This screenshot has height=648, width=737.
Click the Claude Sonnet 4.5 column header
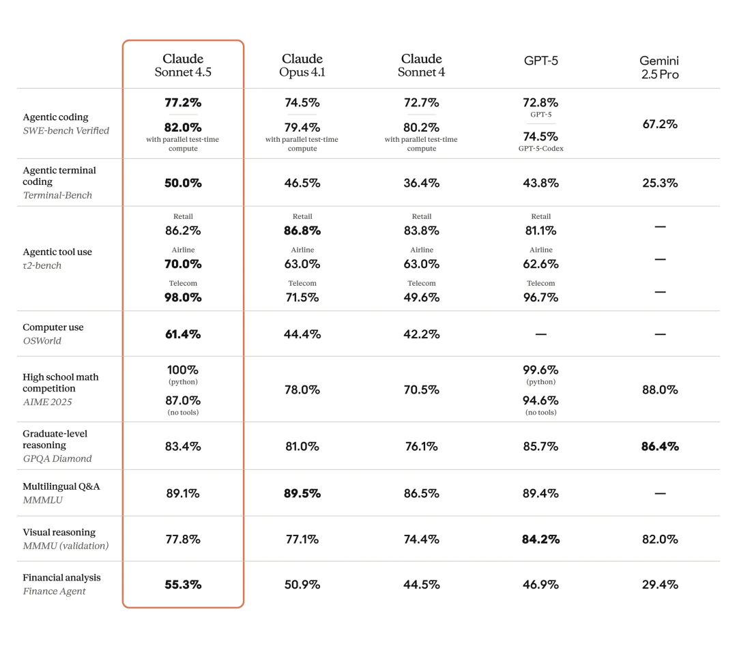click(183, 65)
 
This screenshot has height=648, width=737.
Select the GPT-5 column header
click(540, 60)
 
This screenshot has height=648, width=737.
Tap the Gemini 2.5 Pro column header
click(659, 68)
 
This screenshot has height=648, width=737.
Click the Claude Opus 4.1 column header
click(302, 65)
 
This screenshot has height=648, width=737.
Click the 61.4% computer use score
click(183, 334)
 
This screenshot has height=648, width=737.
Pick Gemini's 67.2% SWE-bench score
click(660, 124)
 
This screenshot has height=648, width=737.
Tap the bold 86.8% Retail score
click(302, 231)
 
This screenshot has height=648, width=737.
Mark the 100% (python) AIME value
click(183, 370)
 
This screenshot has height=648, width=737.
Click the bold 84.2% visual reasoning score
click(540, 539)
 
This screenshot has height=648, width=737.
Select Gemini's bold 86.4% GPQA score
click(660, 447)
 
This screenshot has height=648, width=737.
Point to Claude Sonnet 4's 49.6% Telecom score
click(421, 297)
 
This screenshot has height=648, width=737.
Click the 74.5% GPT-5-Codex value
click(540, 136)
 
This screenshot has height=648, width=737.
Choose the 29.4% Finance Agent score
click(660, 585)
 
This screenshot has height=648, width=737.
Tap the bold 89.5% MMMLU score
click(302, 493)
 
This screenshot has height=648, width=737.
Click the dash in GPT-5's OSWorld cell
click(540, 334)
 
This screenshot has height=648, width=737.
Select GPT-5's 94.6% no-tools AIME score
click(540, 400)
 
